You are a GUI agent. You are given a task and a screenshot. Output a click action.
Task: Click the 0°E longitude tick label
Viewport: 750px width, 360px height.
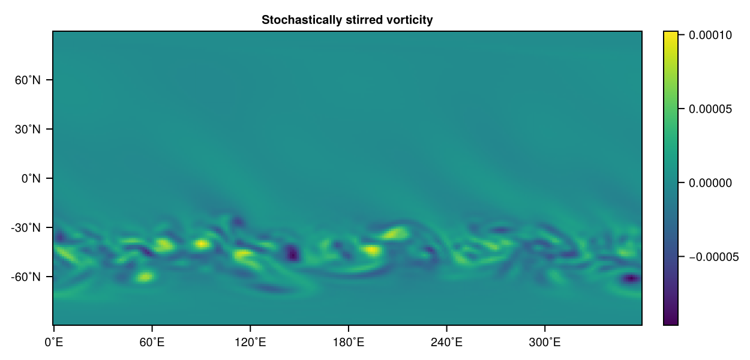54,343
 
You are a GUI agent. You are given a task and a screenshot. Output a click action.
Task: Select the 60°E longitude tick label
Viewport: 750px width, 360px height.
152,343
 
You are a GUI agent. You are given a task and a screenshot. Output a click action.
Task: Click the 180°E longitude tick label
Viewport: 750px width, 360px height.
348,343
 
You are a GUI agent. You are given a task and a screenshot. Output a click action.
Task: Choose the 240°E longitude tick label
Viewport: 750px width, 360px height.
446,343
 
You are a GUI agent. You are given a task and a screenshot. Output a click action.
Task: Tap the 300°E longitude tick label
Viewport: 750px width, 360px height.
544,343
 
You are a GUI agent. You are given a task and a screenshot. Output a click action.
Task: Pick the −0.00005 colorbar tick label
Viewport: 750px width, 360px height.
712,257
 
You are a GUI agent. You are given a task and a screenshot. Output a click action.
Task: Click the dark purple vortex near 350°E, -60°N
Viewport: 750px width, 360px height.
631,278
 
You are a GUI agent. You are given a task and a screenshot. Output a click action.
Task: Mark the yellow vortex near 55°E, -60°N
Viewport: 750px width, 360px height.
145,277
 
